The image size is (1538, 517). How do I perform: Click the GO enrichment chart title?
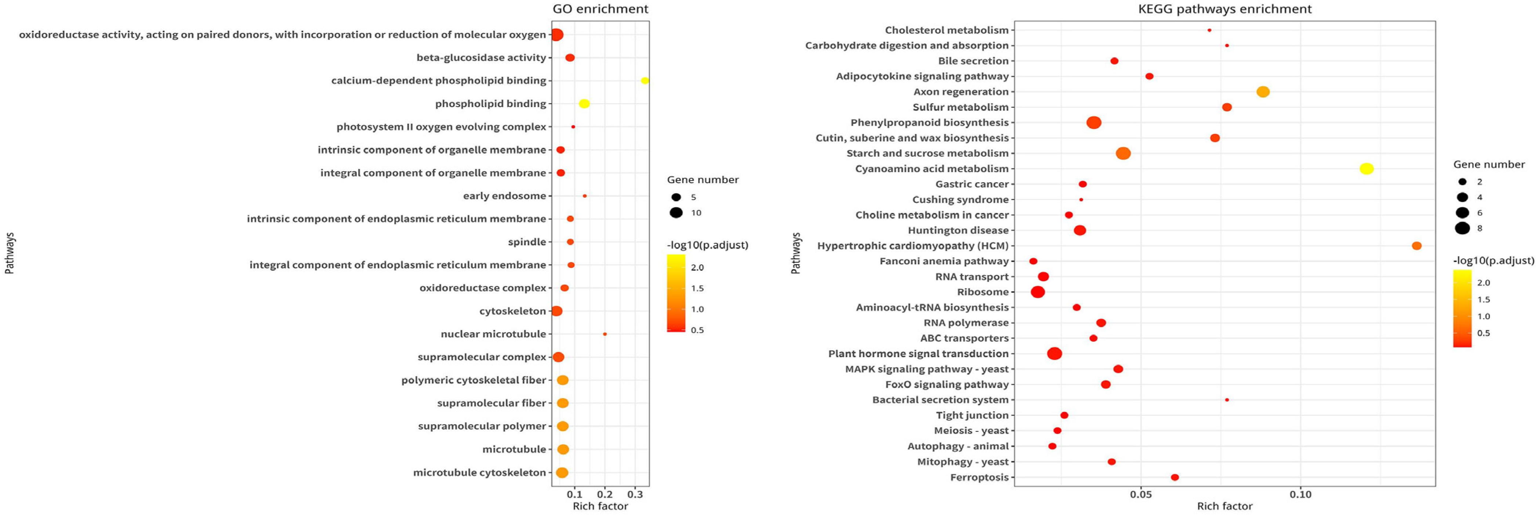pos(600,9)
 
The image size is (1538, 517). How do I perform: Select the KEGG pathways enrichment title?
pos(1225,9)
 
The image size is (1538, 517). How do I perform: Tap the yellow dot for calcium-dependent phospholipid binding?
pos(645,81)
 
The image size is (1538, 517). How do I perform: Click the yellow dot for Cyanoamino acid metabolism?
pos(1367,169)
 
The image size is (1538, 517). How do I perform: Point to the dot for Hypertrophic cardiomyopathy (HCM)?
pos(1417,246)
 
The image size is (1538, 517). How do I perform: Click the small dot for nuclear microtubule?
pos(605,334)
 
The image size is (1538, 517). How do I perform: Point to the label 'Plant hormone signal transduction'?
pos(918,354)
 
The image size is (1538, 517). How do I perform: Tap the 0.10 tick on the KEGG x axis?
pos(1301,495)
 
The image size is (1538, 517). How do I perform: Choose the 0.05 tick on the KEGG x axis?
pos(1141,495)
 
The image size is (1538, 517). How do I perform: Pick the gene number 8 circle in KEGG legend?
pos(1462,228)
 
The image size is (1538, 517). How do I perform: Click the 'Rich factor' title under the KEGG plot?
pos(1225,506)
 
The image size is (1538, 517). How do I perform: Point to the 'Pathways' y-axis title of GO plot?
pos(10,254)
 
